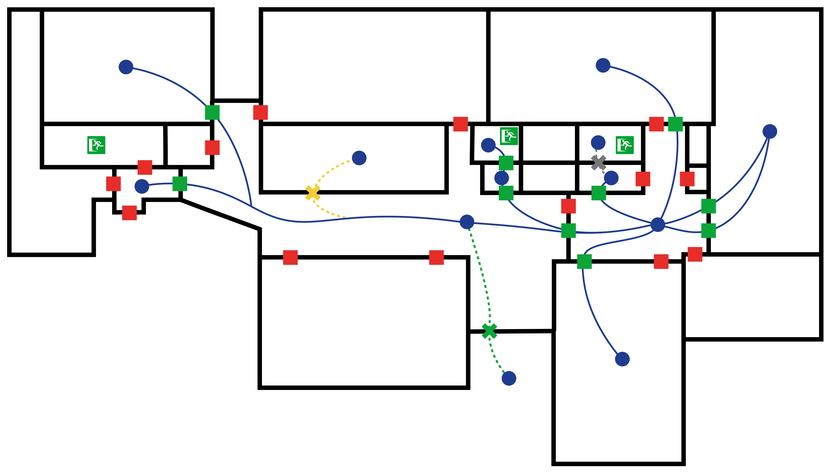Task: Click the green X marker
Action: coord(489,331)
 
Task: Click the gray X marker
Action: coord(598,162)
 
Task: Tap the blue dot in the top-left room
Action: coord(126,67)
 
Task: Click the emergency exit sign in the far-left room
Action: coord(96,145)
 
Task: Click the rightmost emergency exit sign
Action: coord(625,145)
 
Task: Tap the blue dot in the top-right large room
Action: coord(603,65)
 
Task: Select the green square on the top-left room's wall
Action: coord(212,112)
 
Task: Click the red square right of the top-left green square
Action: coord(260,112)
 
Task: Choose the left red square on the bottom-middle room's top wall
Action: coord(290,257)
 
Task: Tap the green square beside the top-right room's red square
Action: coord(675,124)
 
